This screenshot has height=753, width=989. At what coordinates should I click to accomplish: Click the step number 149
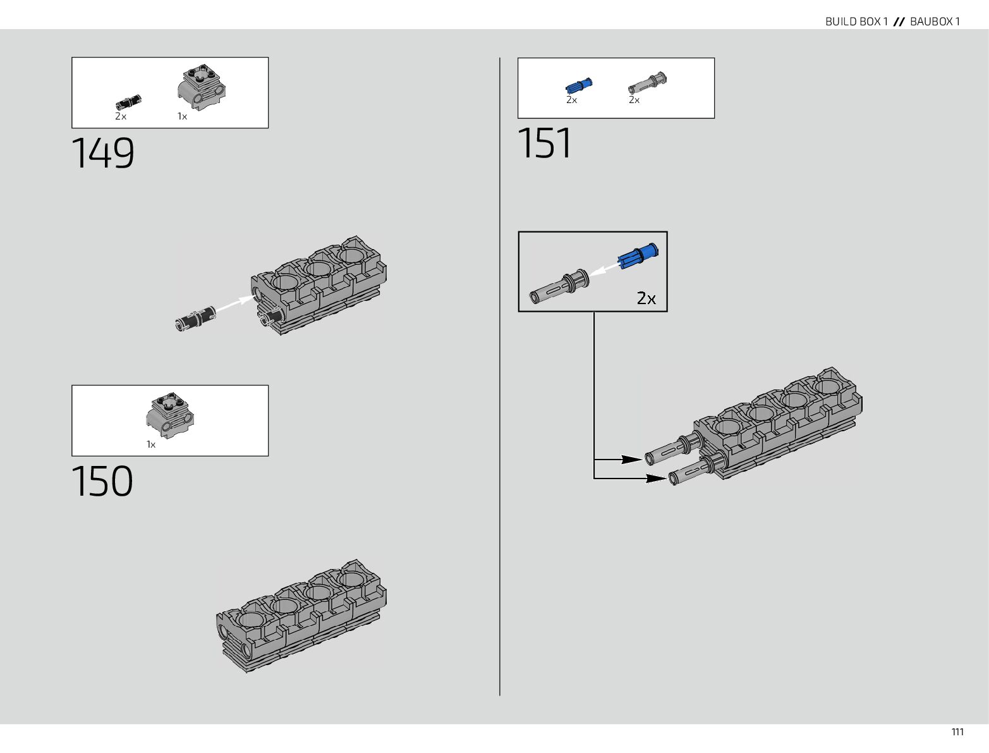click(103, 153)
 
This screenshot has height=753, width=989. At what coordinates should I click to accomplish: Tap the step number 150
click(102, 481)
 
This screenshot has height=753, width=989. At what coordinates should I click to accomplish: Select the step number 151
click(545, 143)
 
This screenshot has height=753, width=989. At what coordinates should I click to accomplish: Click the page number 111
click(957, 732)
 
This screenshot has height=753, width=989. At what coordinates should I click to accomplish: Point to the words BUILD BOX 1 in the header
click(856, 21)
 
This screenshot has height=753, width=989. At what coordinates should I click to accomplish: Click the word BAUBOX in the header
click(931, 21)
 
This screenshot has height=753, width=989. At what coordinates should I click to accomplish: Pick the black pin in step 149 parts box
click(128, 102)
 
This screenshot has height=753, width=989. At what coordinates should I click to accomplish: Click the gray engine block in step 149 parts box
click(202, 87)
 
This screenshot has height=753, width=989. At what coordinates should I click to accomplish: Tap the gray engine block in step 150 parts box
click(170, 415)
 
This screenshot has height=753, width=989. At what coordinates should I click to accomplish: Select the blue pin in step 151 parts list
click(579, 85)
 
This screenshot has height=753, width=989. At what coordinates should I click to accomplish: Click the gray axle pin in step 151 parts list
click(648, 83)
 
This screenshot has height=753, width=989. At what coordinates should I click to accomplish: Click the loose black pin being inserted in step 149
click(195, 318)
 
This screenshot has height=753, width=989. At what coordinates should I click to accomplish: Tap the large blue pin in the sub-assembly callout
click(638, 256)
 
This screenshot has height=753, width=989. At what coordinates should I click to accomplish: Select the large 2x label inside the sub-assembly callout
click(646, 298)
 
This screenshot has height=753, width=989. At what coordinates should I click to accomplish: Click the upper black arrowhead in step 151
click(632, 459)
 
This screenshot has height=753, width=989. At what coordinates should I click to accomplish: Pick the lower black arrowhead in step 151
click(656, 478)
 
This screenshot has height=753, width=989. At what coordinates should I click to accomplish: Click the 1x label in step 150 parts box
click(151, 444)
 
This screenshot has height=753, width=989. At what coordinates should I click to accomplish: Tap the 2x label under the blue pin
click(571, 100)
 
